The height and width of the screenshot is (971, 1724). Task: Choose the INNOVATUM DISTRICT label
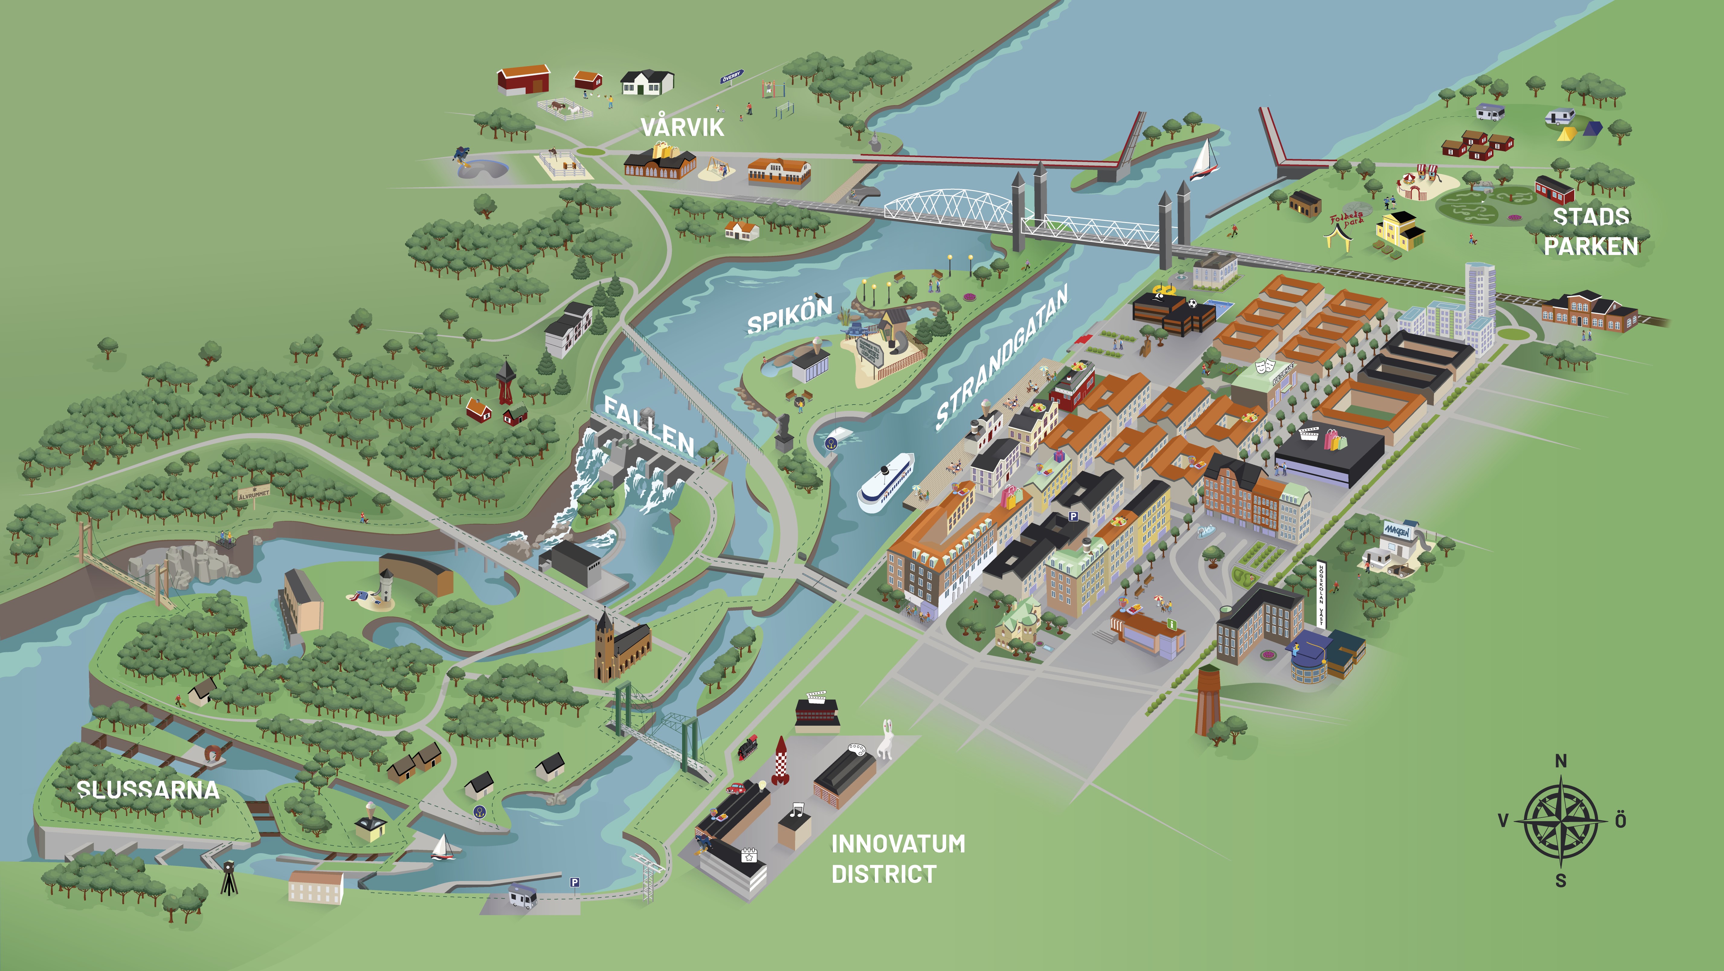coord(897,859)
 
